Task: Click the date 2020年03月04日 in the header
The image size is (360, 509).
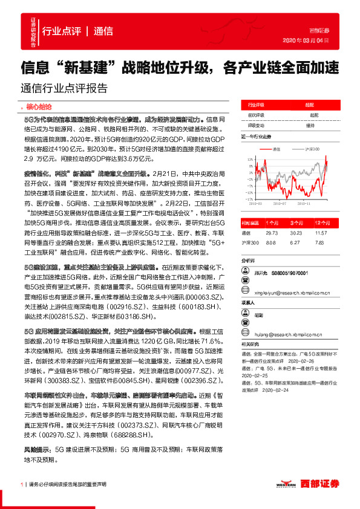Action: (306, 41)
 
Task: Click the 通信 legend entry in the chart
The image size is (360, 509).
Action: (278, 148)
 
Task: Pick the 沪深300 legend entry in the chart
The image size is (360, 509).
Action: (312, 148)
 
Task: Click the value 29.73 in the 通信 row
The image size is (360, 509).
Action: (272, 232)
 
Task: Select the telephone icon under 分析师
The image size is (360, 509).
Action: (245, 272)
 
